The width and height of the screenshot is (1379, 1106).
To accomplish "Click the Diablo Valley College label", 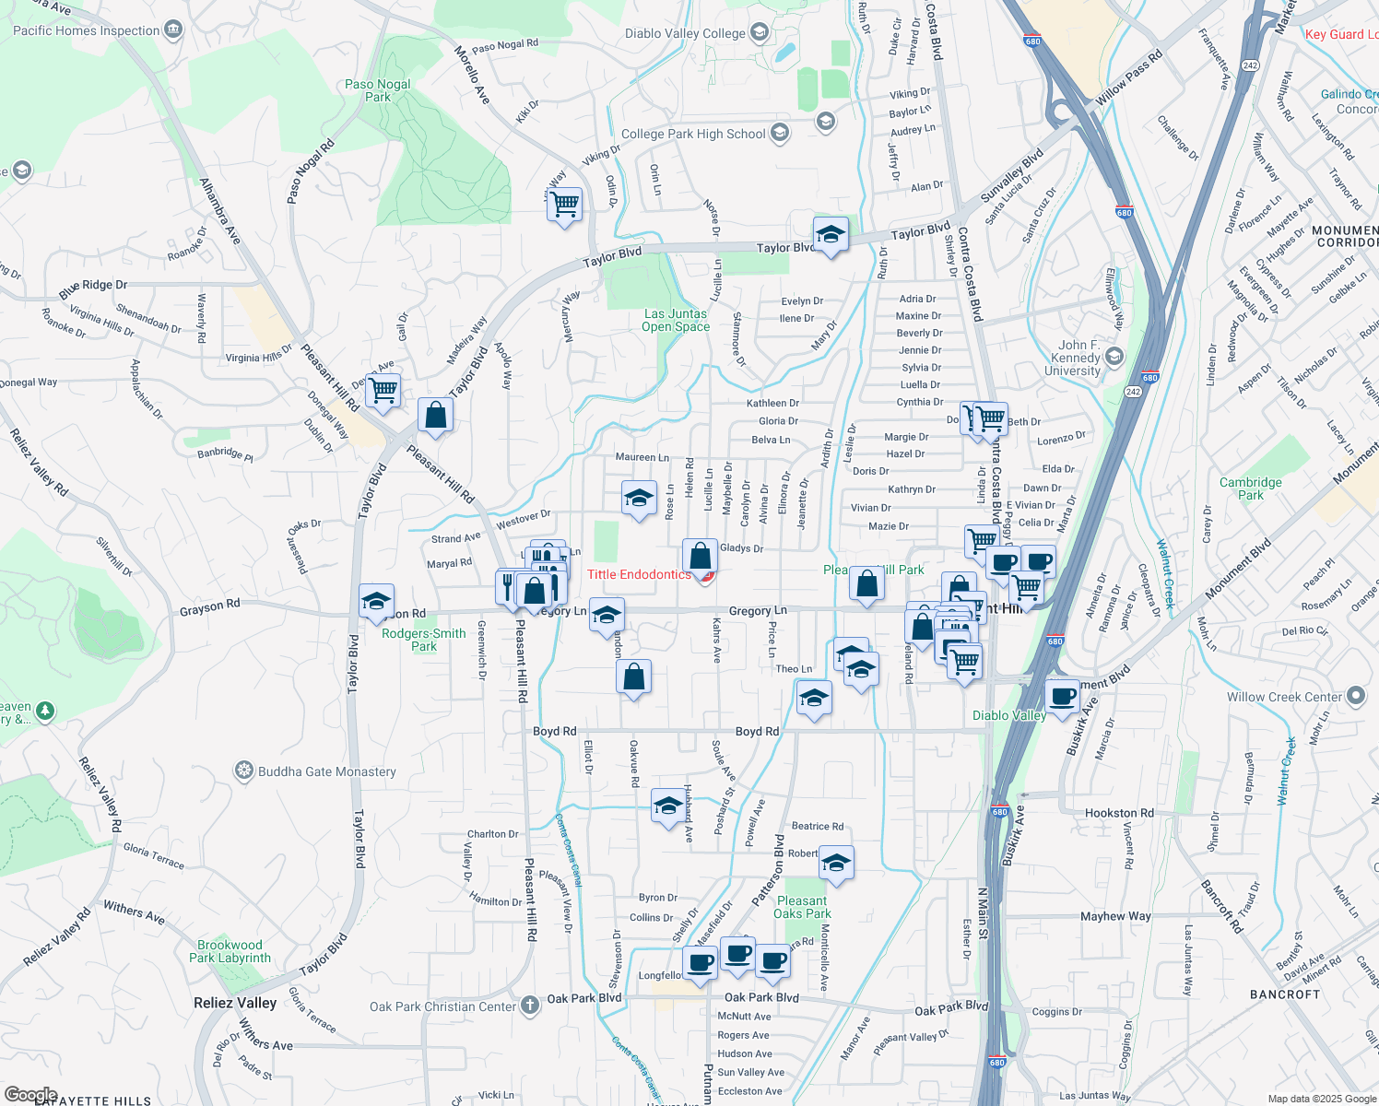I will [x=685, y=34].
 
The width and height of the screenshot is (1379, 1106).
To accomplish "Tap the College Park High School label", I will [x=693, y=135].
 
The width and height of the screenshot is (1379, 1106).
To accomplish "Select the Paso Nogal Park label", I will [x=377, y=90].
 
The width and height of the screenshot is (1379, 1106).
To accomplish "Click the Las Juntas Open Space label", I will [x=676, y=321].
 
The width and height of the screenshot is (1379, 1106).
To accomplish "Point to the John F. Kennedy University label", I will [x=1073, y=358].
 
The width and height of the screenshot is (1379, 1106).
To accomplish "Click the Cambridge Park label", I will [x=1250, y=488].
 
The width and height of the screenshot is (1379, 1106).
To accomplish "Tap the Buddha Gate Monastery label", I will [x=326, y=772].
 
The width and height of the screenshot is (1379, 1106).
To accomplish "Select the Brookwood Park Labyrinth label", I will [x=230, y=951].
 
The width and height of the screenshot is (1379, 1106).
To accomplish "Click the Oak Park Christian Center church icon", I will [x=530, y=1006].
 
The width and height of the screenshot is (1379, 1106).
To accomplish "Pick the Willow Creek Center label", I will [x=1284, y=698].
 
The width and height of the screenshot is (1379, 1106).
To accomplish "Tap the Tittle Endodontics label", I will [x=639, y=575].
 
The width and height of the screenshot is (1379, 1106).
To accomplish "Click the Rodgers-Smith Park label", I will [x=424, y=640].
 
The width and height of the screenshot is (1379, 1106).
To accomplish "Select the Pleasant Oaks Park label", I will [x=802, y=907].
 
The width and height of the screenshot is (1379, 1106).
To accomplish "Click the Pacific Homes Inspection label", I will [x=87, y=30].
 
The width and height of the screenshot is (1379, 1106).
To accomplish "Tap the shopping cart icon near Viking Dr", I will [x=564, y=204].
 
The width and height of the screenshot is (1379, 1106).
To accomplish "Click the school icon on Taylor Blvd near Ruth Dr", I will [x=830, y=235].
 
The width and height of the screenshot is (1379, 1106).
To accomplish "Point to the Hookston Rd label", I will [x=1119, y=813].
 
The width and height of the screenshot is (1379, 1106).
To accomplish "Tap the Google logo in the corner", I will [x=30, y=1095].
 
